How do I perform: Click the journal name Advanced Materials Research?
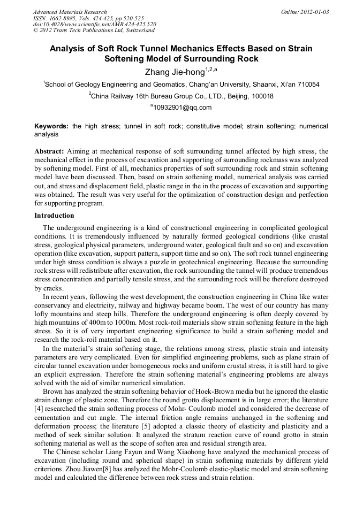pos(70,12)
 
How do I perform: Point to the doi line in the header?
pos(94,25)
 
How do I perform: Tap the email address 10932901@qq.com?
pos(182,108)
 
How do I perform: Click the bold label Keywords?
pos(51,126)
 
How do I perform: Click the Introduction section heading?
pos(54,216)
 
